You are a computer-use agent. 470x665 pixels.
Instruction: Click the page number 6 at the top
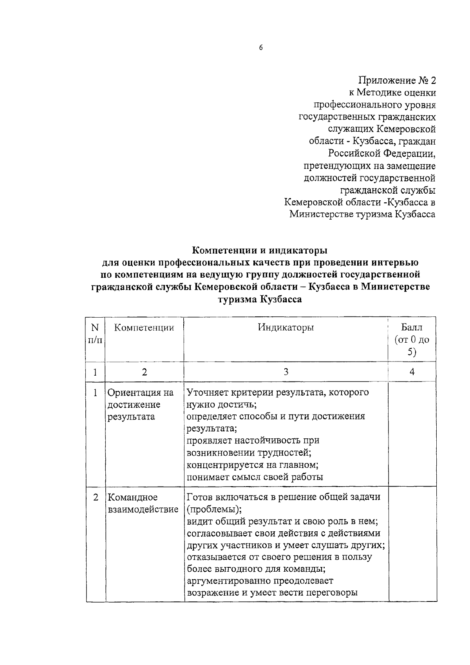pos(260,47)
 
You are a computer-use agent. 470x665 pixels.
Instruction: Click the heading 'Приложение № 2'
pos(397,80)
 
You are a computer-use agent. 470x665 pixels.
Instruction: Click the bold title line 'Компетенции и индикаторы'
pos(260,250)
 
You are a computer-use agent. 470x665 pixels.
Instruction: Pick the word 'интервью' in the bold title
pos(399,262)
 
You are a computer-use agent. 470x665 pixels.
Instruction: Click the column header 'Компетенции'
pos(144,327)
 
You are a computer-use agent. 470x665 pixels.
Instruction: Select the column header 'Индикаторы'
pos(286,327)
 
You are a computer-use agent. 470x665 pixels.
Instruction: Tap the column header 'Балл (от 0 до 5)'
pos(412,339)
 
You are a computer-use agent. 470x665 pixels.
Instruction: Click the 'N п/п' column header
pos(95,333)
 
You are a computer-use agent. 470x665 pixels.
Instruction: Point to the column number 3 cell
pos(286,372)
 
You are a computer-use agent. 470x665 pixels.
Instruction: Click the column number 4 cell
pos(412,372)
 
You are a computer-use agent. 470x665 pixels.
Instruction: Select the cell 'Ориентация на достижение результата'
pos(140,404)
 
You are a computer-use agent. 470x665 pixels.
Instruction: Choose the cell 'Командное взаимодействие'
pos(143,503)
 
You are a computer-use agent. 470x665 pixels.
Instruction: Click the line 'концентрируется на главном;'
pos(252,465)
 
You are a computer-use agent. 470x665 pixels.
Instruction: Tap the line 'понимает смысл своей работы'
pos(255,477)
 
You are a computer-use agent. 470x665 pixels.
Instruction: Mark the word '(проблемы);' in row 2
pos(214,509)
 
